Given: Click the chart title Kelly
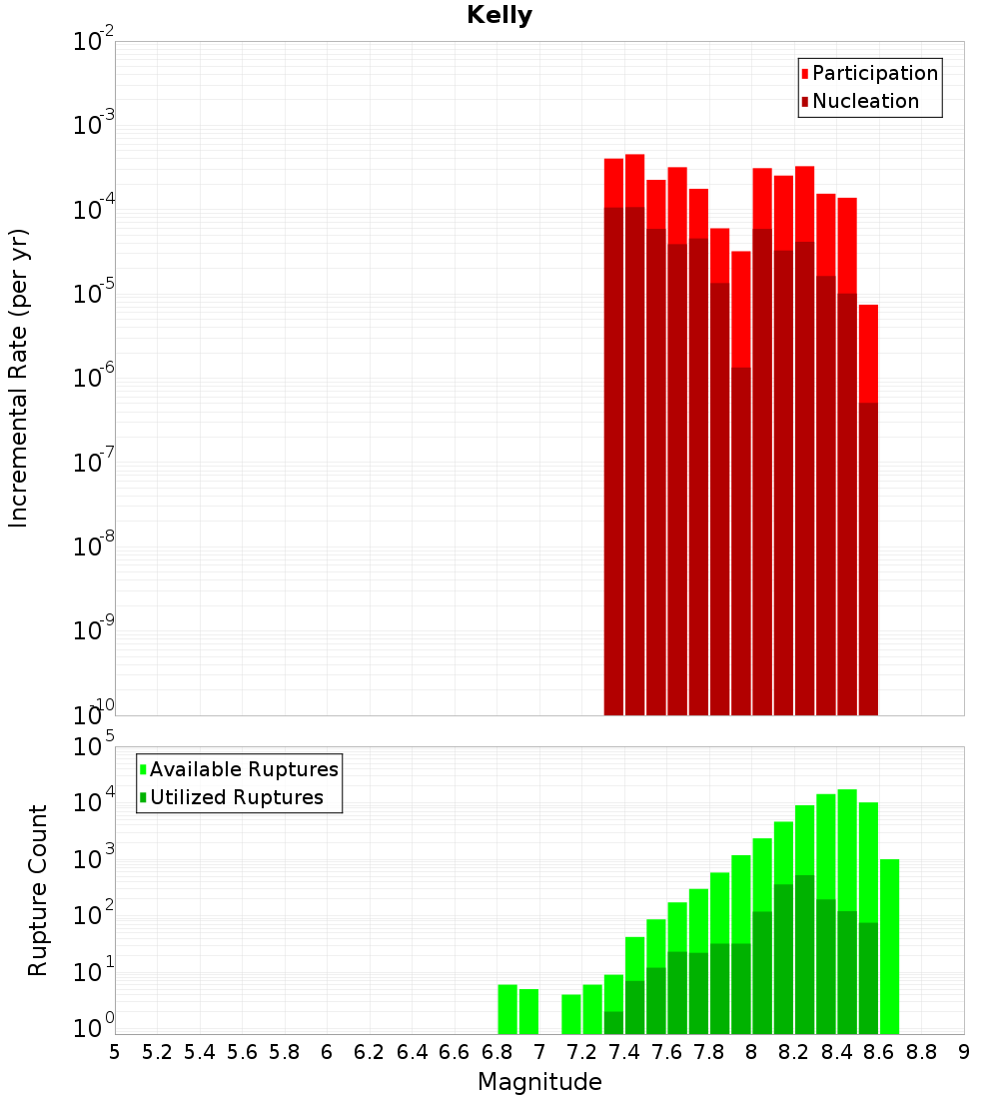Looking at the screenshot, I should point(499,16).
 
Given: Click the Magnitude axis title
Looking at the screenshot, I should point(539,1082).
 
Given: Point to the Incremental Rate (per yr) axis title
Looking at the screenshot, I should point(18,378).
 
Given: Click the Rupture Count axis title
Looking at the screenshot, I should point(38,889).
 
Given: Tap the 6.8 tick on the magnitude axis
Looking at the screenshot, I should point(497,1052).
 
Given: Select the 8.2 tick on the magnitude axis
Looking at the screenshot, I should point(794,1052).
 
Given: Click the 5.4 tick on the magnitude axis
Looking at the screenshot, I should point(200,1052).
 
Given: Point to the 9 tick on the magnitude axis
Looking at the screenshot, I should point(964,1052).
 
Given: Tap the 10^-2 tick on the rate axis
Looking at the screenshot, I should point(92,42).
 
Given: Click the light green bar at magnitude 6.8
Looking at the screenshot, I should point(507,1009).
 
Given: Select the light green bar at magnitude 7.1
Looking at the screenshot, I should point(571,1014).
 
